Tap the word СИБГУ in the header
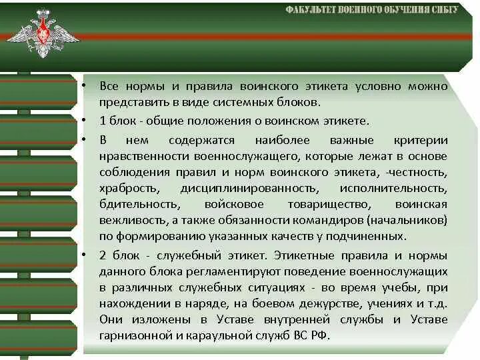[x=442, y=10]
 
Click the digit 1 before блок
[x=102, y=121]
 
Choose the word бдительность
[x=139, y=204]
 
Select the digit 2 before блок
[x=103, y=255]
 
